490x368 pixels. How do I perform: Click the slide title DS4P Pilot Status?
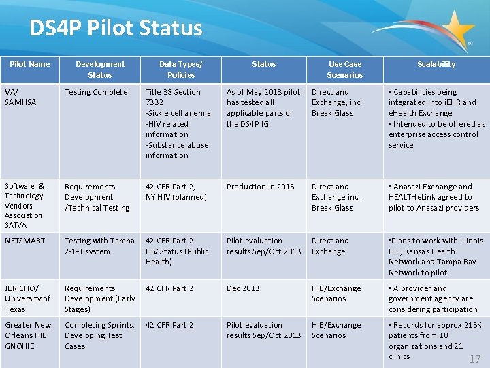116,28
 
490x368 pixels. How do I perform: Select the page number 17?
474,358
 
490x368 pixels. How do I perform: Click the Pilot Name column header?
29,64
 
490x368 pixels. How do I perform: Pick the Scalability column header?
436,64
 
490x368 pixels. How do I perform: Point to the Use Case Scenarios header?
344,70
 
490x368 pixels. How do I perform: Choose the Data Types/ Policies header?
180,70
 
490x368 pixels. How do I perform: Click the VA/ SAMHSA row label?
20,97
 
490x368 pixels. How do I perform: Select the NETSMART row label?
25,241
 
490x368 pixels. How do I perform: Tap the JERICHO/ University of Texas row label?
27,298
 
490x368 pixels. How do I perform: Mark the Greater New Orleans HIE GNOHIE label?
28,335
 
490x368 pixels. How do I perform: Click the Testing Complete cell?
96,92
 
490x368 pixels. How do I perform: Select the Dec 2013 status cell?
243,288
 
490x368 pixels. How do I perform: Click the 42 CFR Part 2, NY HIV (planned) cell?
176,191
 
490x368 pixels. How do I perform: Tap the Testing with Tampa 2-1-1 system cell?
99,246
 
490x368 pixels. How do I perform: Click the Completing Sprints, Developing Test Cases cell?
99,335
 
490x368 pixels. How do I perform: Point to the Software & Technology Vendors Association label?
25,205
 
